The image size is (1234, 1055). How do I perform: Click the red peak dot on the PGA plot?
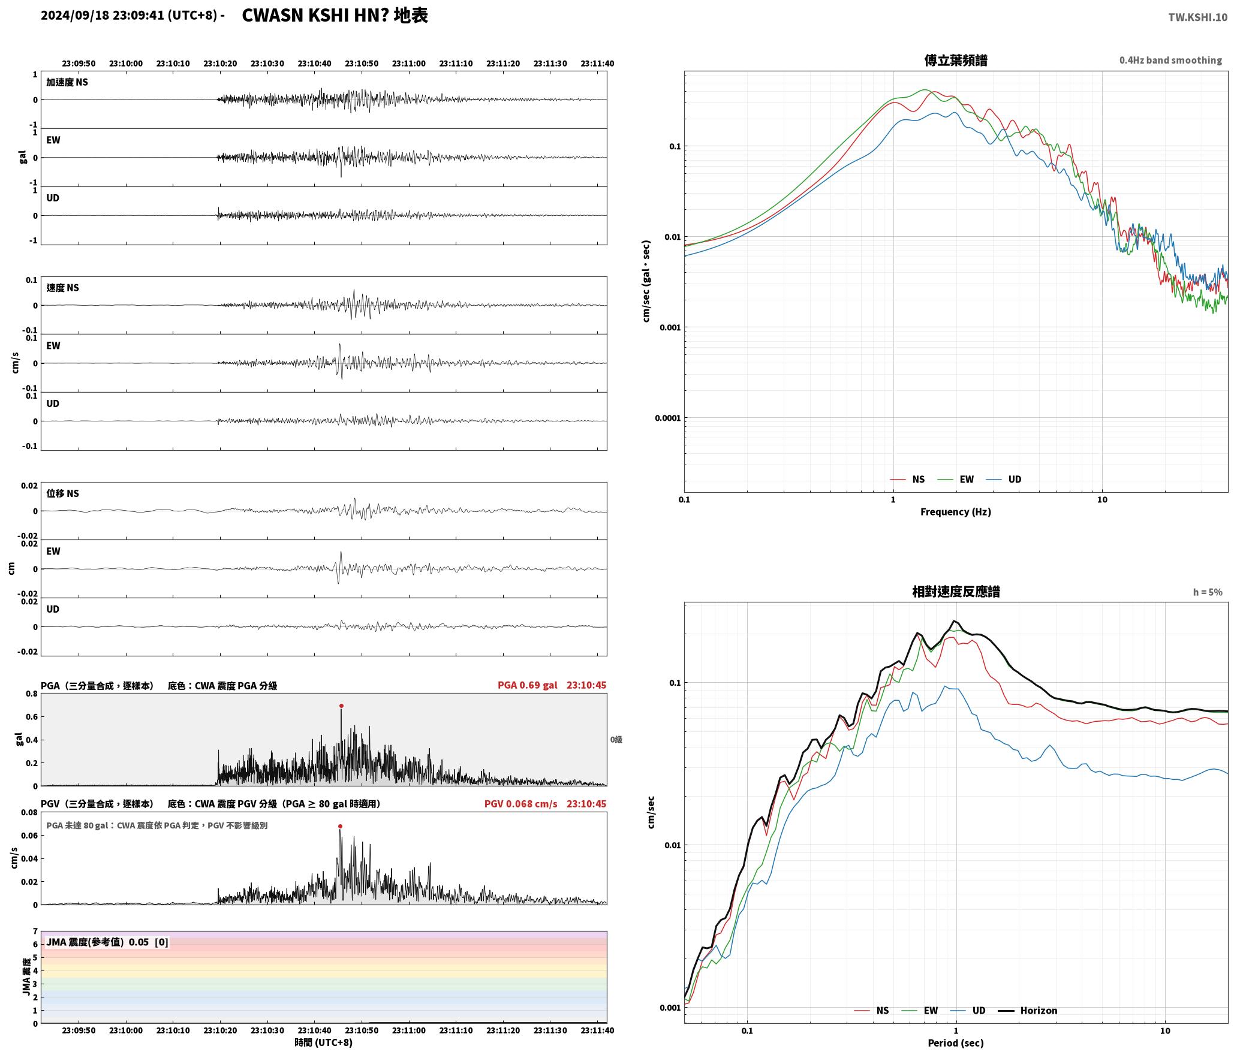(x=341, y=706)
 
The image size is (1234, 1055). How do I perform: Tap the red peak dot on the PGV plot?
(x=340, y=826)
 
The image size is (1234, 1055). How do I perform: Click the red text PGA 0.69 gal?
(x=527, y=685)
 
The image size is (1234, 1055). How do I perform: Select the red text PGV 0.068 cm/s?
(x=520, y=803)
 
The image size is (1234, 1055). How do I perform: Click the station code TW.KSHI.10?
(x=1197, y=17)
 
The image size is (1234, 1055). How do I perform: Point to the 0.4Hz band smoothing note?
(x=1170, y=60)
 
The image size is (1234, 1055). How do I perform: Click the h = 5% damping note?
(x=1207, y=592)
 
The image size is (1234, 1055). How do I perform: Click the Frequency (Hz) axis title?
(x=955, y=511)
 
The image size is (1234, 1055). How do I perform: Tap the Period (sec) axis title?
(x=955, y=1042)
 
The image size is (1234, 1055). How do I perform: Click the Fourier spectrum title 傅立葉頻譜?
(x=955, y=60)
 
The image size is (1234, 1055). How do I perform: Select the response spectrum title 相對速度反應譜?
(x=955, y=591)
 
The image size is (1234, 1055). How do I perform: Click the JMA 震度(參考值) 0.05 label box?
(x=107, y=942)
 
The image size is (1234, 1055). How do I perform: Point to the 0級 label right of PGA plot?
(x=616, y=739)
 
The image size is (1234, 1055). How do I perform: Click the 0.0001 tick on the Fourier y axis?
(x=667, y=418)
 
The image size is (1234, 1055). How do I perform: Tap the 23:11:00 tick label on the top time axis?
(x=409, y=63)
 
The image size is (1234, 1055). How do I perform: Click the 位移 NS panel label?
(x=62, y=493)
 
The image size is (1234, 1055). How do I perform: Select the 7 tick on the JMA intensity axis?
(x=35, y=931)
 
